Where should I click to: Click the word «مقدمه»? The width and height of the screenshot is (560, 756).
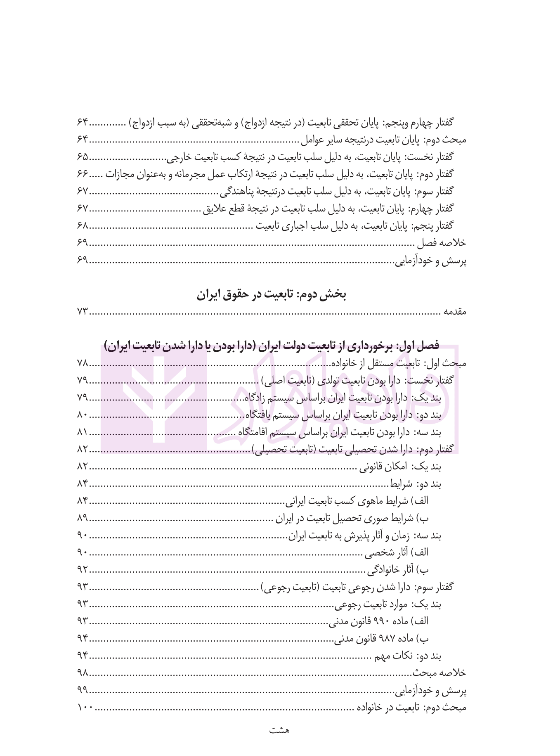(455, 312)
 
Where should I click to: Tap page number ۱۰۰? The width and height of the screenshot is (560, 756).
(85, 708)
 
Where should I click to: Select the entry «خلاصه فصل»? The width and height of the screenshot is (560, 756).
(442, 243)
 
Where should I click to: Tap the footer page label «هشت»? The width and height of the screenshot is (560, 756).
(279, 731)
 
